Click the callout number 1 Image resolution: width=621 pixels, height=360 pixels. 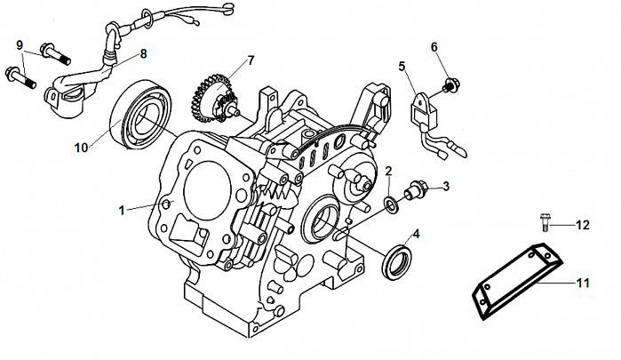(123, 210)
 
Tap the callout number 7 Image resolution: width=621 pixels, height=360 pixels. (251, 60)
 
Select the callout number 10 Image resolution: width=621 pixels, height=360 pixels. (82, 148)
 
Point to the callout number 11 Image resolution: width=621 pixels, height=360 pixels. (583, 284)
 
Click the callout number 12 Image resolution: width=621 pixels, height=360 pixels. (582, 226)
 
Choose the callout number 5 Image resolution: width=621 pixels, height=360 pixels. (402, 66)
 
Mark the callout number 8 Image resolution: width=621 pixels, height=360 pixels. (143, 54)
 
